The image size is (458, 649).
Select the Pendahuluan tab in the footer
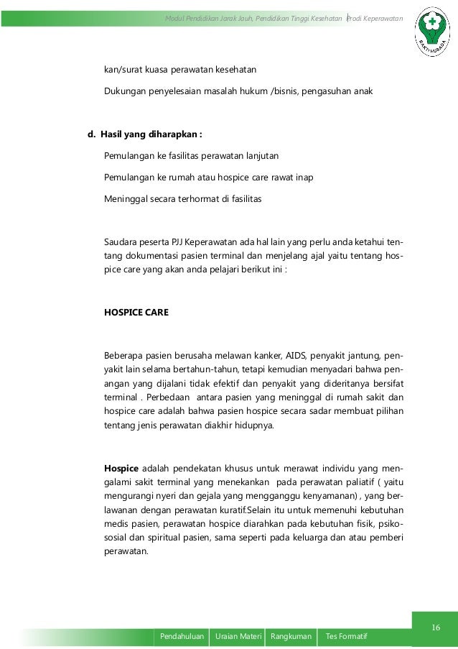tap(180, 637)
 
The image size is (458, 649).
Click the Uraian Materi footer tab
tap(236, 637)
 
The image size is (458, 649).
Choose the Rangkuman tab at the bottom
tap(291, 637)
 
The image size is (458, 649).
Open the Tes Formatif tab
tap(347, 637)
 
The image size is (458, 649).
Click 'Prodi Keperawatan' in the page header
tap(375, 17)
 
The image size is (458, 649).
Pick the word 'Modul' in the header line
tap(176, 17)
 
